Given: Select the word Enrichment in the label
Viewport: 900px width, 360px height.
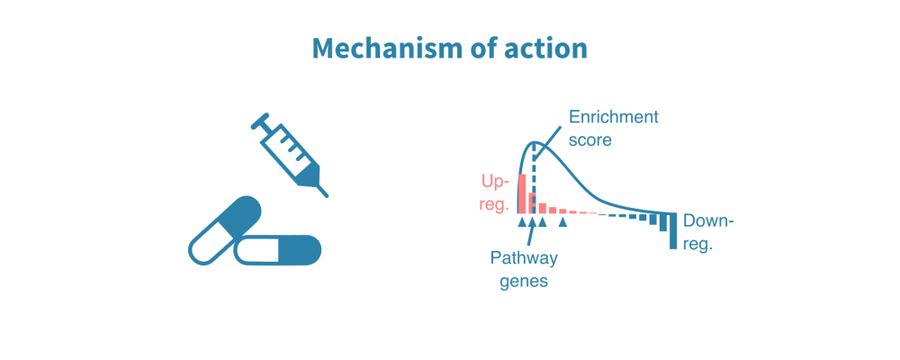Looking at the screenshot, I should coord(613,118).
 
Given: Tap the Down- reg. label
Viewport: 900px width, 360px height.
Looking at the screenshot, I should coord(708,231).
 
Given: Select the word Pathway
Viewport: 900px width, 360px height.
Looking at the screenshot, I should coord(524,258).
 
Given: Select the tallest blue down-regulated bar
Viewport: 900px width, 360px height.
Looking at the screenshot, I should coord(672,231).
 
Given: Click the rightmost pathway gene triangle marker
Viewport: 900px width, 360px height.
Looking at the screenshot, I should coord(563,221).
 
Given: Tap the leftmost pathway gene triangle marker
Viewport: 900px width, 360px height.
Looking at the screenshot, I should coord(522,221).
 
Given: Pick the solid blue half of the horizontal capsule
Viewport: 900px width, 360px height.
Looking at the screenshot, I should coord(298,250).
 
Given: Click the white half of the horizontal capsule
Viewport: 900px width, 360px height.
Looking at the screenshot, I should coord(256,250).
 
